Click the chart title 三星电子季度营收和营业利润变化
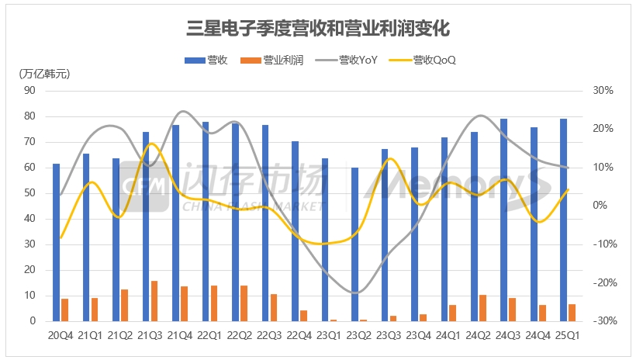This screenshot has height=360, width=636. (x=318, y=29)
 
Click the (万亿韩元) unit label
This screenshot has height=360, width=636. (x=43, y=74)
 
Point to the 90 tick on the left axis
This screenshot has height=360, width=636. (x=32, y=90)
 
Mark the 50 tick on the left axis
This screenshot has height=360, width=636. (x=32, y=193)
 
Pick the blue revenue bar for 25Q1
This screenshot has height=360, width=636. (x=563, y=220)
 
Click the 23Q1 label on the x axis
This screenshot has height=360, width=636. (x=329, y=335)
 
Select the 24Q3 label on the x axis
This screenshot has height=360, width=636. (x=508, y=335)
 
